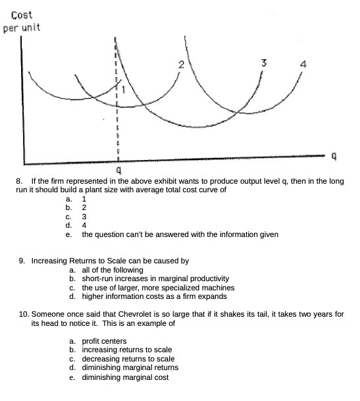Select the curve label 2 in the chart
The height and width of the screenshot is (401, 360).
point(180,65)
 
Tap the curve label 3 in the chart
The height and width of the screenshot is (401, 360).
point(263,63)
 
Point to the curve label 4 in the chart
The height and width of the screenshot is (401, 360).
point(303,66)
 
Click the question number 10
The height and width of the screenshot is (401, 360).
point(25,315)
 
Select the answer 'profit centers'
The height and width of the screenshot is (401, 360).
point(105,341)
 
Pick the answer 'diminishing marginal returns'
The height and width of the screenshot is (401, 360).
point(130,367)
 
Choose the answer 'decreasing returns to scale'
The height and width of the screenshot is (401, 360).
point(128,359)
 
